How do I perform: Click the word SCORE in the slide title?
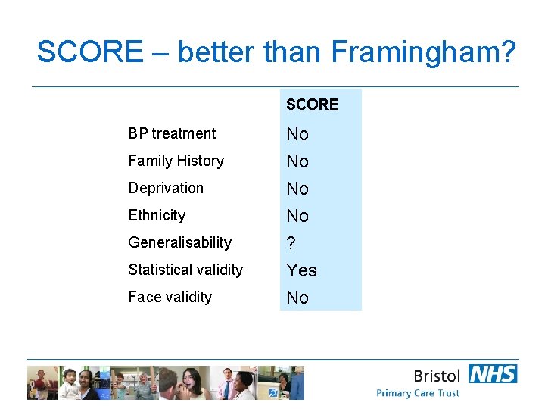(x=89, y=52)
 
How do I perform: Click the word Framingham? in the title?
(x=423, y=52)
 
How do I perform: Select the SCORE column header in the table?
(x=313, y=105)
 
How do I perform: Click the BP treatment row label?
(x=172, y=133)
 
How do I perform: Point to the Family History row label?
(x=176, y=161)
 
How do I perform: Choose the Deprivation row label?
(x=166, y=188)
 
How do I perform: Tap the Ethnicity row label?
(x=157, y=215)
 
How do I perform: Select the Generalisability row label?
(x=179, y=242)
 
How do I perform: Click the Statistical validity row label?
(x=185, y=270)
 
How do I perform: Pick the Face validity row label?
(x=170, y=297)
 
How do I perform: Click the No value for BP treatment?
(x=297, y=134)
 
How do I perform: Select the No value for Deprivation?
(x=297, y=189)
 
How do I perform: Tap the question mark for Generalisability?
(x=291, y=243)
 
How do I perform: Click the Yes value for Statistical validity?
(x=301, y=270)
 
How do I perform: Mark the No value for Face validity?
(x=297, y=298)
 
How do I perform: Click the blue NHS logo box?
(x=493, y=373)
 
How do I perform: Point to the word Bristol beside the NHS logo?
(x=437, y=376)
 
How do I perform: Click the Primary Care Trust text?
(x=418, y=393)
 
